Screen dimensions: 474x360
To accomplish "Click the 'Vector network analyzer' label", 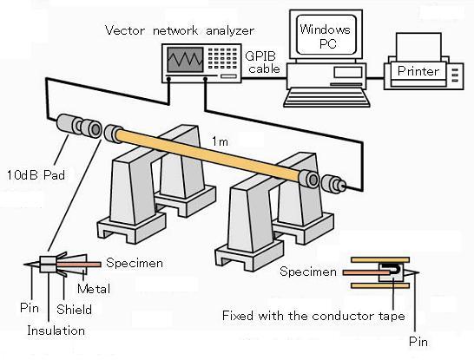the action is pyautogui.click(x=180, y=30).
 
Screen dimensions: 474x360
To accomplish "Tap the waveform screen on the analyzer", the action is pyautogui.click(x=185, y=60).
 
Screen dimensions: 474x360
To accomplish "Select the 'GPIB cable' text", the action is pyautogui.click(x=262, y=62).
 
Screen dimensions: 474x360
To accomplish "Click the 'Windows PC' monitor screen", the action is pyautogui.click(x=326, y=35).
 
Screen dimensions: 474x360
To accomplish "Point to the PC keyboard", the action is pyautogui.click(x=326, y=97).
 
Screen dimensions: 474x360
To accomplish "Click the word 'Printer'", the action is pyautogui.click(x=418, y=71).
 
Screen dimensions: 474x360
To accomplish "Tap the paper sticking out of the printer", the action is pyautogui.click(x=418, y=47).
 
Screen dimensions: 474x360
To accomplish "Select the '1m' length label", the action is pyautogui.click(x=220, y=141).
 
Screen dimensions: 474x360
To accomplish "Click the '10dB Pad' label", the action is pyautogui.click(x=36, y=175).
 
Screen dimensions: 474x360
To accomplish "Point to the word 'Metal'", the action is pyautogui.click(x=94, y=289).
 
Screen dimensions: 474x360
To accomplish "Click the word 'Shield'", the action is pyautogui.click(x=74, y=310).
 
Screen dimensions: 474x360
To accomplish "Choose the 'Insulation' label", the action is pyautogui.click(x=56, y=331).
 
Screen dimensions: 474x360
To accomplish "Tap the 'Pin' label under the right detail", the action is pyautogui.click(x=418, y=342).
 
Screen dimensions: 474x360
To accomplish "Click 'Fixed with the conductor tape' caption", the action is pyautogui.click(x=313, y=316).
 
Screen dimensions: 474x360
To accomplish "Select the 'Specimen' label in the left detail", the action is pyautogui.click(x=135, y=263).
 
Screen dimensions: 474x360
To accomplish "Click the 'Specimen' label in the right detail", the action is pyautogui.click(x=308, y=272).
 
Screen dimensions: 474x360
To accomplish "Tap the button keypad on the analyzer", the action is pyautogui.click(x=222, y=58).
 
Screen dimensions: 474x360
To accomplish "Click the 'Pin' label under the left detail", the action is pyautogui.click(x=30, y=308).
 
